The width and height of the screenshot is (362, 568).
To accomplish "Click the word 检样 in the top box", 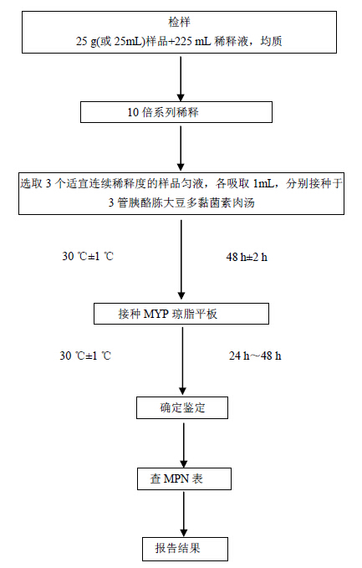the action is point(179,22).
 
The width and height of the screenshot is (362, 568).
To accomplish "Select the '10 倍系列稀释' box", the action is point(176,112).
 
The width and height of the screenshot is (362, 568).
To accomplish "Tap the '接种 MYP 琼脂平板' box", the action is point(181,314).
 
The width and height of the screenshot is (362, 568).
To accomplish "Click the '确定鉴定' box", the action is point(182,408).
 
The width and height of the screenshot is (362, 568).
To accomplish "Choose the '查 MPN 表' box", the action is point(184,478).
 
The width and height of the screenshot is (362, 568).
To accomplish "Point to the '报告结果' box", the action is point(185,549).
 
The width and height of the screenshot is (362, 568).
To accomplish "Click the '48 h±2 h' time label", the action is point(247,257).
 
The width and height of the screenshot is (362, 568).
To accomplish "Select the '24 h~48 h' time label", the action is point(255,356).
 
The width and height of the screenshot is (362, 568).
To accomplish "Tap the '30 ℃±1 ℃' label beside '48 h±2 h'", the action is point(88,257).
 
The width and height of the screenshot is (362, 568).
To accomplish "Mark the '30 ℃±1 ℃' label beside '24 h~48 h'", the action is point(85,356).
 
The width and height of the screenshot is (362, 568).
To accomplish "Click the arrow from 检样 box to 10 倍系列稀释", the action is point(181,77).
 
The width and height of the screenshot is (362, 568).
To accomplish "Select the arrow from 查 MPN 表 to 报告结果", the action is point(184,514).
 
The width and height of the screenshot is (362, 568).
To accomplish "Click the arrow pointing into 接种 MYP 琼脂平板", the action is point(181,259).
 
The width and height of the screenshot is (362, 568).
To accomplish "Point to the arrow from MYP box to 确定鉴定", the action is point(183,361).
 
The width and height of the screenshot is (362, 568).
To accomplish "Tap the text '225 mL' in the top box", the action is point(192,41).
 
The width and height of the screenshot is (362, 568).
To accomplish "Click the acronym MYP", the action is point(156,314).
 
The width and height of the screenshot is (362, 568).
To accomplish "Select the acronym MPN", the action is point(176,478).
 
